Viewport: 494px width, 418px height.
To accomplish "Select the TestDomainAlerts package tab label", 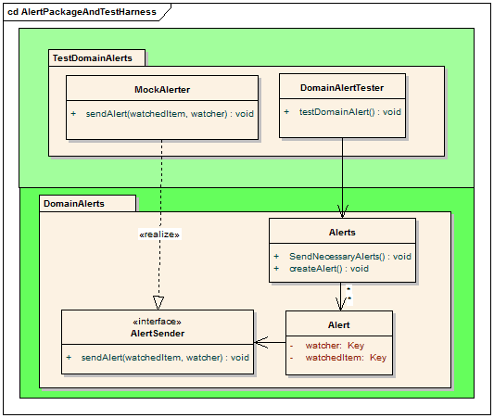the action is pyautogui.click(x=93, y=58).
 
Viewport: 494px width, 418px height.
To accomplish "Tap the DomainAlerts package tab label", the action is pyautogui.click(x=74, y=204).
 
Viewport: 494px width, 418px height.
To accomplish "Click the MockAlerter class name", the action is pyautogui.click(x=162, y=90).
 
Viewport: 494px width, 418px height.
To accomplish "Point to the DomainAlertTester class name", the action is pyautogui.click(x=342, y=88).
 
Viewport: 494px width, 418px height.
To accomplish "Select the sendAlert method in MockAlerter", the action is pyautogui.click(x=170, y=114).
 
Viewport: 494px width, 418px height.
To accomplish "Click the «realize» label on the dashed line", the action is pyautogui.click(x=159, y=234).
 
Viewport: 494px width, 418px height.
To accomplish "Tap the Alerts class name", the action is pyautogui.click(x=342, y=233).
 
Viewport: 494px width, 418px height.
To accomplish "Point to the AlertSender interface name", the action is pyautogui.click(x=158, y=334).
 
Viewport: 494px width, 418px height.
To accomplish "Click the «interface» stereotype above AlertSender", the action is pyautogui.click(x=158, y=322).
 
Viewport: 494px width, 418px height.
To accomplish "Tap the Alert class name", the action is pyautogui.click(x=338, y=325).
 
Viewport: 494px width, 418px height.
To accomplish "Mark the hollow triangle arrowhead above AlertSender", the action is pyautogui.click(x=158, y=303).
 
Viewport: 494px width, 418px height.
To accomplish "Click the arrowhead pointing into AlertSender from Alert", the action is pyautogui.click(x=260, y=342).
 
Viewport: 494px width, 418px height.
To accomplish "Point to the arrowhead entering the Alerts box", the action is pyautogui.click(x=342, y=211).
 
